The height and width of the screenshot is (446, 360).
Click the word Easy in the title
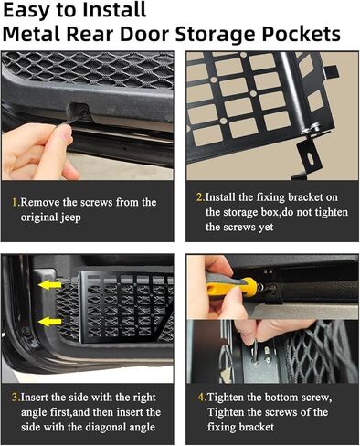tap(35, 13)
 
